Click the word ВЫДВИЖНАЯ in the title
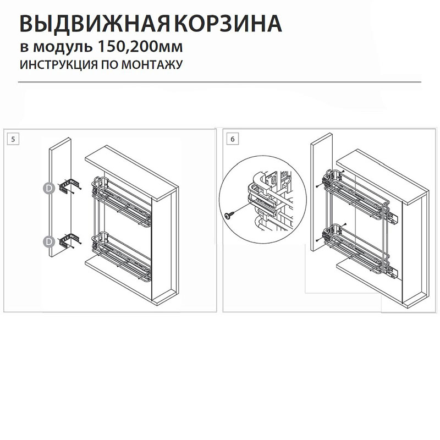point(95,24)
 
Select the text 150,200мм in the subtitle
point(140,46)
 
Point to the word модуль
point(63,47)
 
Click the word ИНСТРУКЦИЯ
point(59,65)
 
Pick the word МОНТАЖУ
point(152,65)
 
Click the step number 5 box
point(13,139)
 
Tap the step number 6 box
point(233,139)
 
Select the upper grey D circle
point(49,189)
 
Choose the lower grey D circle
point(49,241)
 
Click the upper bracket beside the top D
point(70,185)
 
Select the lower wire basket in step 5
point(121,255)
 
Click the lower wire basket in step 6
point(356,249)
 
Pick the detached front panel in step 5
point(60,197)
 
